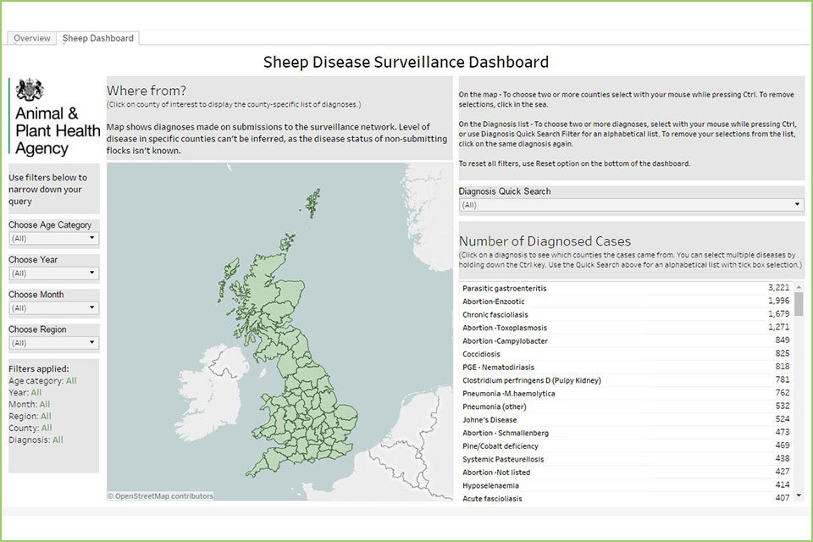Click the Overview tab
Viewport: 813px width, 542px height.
(x=32, y=38)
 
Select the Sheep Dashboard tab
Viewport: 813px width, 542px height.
(x=97, y=38)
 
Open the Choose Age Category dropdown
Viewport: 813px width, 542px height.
(x=53, y=239)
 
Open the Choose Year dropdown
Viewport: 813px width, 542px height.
(x=53, y=274)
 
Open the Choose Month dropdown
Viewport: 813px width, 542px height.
(x=53, y=308)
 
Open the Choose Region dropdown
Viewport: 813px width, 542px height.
(x=53, y=343)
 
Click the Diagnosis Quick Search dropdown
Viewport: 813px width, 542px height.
(x=631, y=205)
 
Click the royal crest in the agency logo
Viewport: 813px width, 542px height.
(x=30, y=90)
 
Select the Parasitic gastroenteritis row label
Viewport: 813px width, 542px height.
(x=505, y=289)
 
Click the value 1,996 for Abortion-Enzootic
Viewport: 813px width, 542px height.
(x=778, y=301)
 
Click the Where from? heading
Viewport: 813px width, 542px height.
(x=147, y=91)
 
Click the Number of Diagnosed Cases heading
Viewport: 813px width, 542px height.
(x=545, y=241)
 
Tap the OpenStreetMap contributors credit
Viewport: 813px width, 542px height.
(x=161, y=496)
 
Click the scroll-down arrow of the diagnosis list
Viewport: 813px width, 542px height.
(x=799, y=495)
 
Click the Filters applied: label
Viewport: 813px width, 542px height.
(x=38, y=368)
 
